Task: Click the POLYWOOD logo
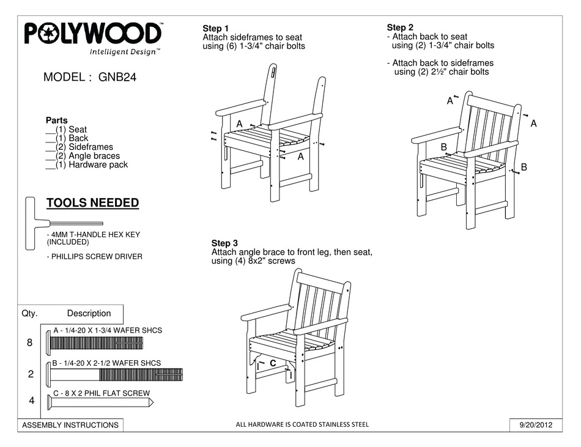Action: pyautogui.click(x=93, y=34)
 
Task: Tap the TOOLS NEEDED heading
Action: pyautogui.click(x=92, y=203)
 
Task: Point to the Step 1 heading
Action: pyautogui.click(x=215, y=29)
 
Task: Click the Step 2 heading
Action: pyautogui.click(x=400, y=28)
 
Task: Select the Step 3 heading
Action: pyautogui.click(x=224, y=243)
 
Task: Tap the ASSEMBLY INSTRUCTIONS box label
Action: pyautogui.click(x=70, y=425)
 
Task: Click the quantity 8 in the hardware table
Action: pyautogui.click(x=29, y=343)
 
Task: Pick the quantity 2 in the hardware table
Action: pyautogui.click(x=31, y=374)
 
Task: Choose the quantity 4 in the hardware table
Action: pyautogui.click(x=31, y=401)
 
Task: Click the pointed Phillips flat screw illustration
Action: pyautogui.click(x=98, y=402)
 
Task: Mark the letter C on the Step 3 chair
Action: pyautogui.click(x=273, y=363)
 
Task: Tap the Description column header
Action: pyautogui.click(x=89, y=313)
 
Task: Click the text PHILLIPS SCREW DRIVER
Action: pyautogui.click(x=94, y=256)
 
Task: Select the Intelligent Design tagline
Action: pyautogui.click(x=125, y=52)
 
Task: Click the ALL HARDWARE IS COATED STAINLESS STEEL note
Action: pyautogui.click(x=302, y=424)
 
